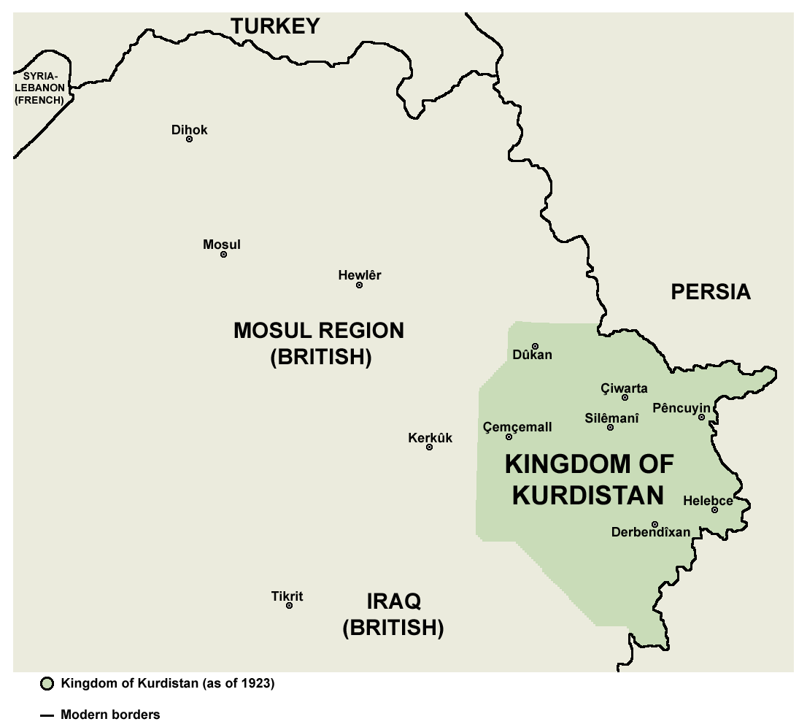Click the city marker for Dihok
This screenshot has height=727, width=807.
point(189,139)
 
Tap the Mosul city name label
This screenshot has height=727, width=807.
point(221,245)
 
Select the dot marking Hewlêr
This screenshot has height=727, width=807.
point(359,285)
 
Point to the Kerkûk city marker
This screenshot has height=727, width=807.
point(429,447)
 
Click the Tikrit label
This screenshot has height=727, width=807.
point(287,596)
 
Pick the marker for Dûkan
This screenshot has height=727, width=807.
point(535,346)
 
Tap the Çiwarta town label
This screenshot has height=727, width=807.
point(623,388)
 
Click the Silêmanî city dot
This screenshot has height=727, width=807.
point(610,427)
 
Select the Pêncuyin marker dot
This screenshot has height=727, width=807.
point(701,418)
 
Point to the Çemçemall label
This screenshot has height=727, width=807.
point(517,427)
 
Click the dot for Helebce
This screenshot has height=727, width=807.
point(714,509)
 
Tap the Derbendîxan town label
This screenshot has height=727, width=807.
point(650,532)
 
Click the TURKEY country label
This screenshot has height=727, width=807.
point(275,26)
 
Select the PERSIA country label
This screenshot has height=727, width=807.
point(710,292)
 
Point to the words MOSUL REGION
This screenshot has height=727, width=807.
point(318,331)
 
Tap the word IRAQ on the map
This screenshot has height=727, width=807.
point(393,602)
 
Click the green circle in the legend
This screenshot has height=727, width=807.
point(47,684)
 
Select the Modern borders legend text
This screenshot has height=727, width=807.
point(110,715)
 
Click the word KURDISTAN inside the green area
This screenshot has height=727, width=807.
point(588,495)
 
